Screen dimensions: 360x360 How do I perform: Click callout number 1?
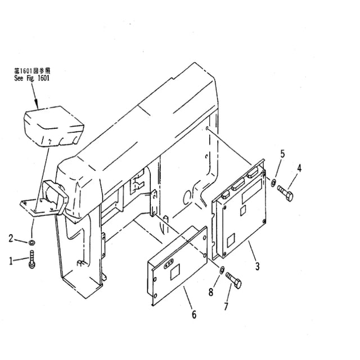tap(11, 261)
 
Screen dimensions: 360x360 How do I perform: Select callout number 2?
tap(11, 238)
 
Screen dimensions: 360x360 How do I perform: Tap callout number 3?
tap(258, 266)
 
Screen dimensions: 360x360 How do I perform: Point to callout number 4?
tap(299, 168)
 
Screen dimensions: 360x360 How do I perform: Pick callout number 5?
tap(282, 154)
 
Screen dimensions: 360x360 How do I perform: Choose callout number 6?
tap(194, 314)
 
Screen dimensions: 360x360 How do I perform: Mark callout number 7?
tap(226, 306)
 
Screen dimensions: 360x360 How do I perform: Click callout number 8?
tap(211, 292)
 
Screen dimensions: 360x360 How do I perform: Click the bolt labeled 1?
tap(31, 259)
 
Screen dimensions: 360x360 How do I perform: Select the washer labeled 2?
tap(31, 242)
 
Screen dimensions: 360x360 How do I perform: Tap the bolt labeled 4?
tap(285, 193)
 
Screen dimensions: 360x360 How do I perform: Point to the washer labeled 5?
tap(273, 183)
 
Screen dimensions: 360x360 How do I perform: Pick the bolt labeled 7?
tap(233, 280)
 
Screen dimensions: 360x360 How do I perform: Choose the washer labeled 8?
tap(222, 271)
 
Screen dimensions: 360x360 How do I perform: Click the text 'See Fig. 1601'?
tap(31, 78)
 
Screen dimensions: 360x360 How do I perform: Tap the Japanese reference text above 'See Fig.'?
tap(32, 70)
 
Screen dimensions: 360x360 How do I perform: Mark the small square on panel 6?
tap(175, 272)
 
